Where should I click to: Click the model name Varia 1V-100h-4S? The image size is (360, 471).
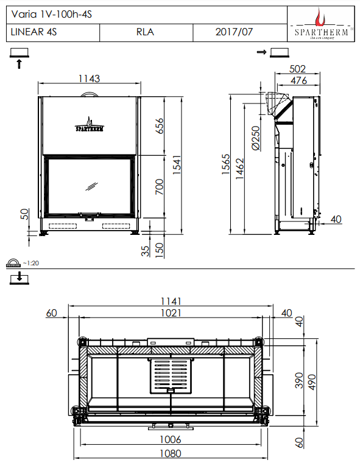coord(51,15)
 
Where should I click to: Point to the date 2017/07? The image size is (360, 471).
coord(234,32)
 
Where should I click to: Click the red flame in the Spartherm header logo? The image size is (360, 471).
coord(320,18)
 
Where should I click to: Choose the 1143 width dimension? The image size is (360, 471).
coord(89,78)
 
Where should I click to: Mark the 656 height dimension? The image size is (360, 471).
coord(160,126)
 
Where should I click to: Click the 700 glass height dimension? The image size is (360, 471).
coord(160,187)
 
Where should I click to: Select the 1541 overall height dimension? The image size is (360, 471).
coord(177,165)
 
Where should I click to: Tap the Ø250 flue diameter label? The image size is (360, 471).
coord(255,138)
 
